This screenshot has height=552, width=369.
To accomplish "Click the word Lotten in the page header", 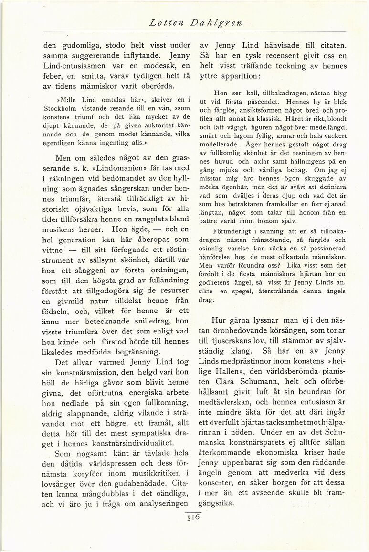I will click(x=164, y=22).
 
